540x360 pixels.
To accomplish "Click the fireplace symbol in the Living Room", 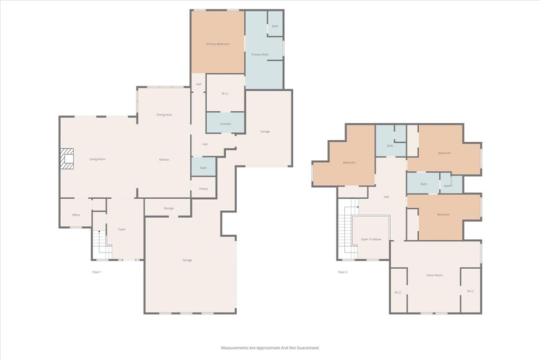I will pos(67,159).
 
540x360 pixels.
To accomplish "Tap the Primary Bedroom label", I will pos(218,44).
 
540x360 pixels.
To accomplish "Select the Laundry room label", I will pos(225,123).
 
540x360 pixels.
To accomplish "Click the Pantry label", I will pos(204,189).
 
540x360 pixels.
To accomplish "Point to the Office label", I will pos(76,215).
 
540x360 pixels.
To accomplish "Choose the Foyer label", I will pos(122,229).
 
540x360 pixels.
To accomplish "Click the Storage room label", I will pos(168,208).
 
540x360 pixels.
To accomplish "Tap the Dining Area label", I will pos(164,114).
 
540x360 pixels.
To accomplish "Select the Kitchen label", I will pos(164,159).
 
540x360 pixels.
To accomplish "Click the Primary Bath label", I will pos(260,54).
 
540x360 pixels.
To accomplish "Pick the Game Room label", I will pos(435,275).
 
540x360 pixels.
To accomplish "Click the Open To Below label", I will pos(371,239).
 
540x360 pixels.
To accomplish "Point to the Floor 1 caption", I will pos(97,272).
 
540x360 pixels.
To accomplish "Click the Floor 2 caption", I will pos(343,272).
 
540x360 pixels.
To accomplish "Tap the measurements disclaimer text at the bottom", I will pos(270,348).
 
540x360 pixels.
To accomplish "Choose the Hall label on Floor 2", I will pos(387,197).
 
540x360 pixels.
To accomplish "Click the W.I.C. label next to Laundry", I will pos(225,93).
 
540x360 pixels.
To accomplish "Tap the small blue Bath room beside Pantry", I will pos(204,168).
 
